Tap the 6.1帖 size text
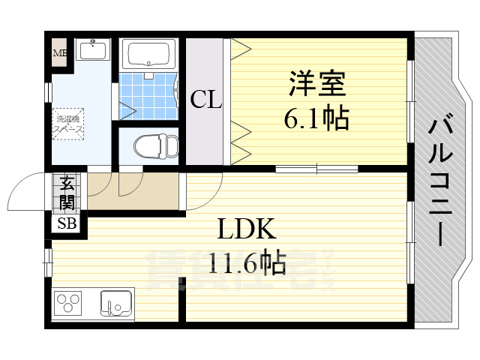click(316, 118)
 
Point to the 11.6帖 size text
click(247, 263)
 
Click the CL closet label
click(205, 100)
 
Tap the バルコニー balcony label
click(439, 180)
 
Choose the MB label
click(59, 53)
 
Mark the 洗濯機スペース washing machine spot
click(68, 123)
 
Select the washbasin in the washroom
click(94, 51)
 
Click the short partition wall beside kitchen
click(181, 300)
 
